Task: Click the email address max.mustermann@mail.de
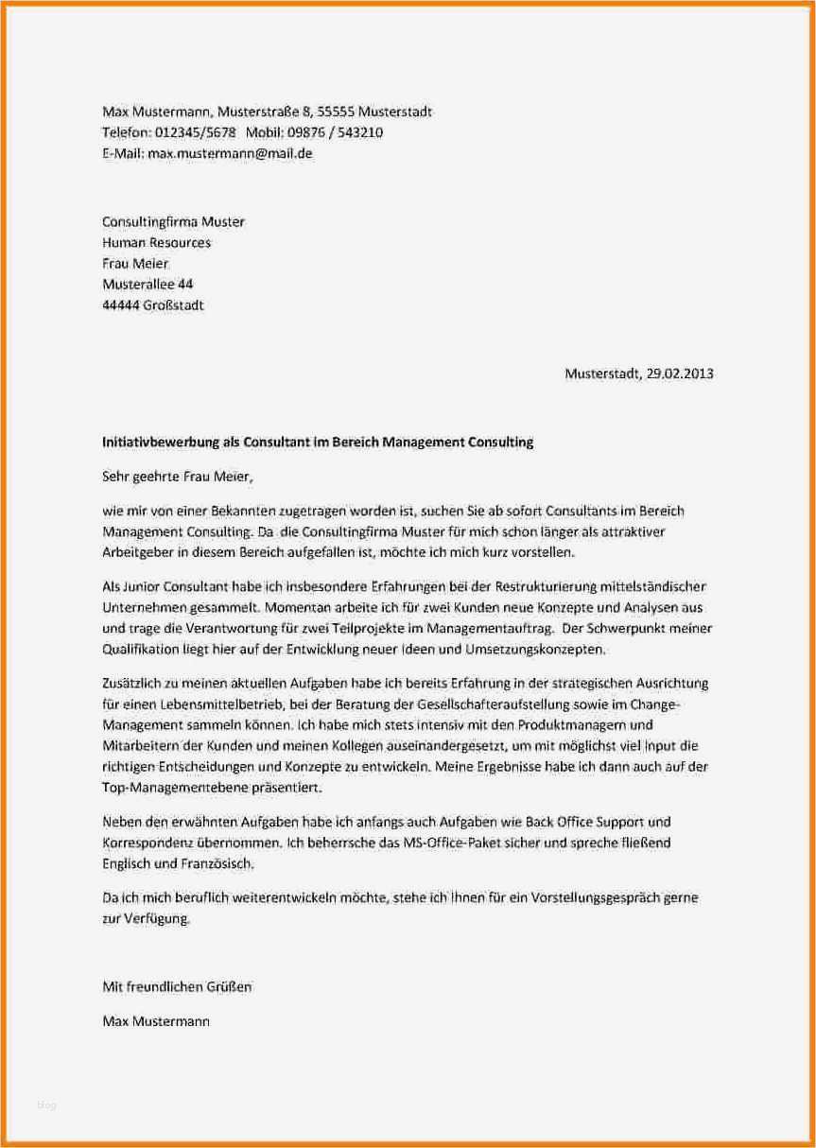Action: (x=230, y=153)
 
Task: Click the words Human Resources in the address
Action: (x=156, y=242)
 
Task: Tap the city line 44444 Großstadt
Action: (x=152, y=304)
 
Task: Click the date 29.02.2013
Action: (x=680, y=374)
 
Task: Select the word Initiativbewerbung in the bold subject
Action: (x=160, y=442)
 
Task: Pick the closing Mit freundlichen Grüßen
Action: (x=176, y=987)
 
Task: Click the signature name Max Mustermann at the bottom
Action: (x=156, y=1021)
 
